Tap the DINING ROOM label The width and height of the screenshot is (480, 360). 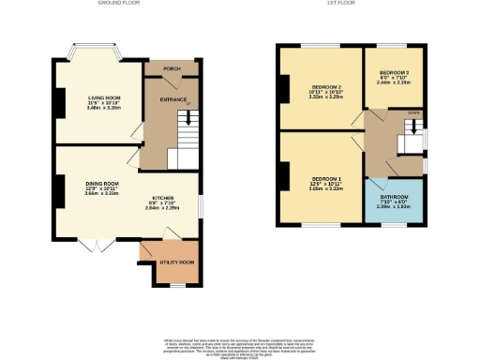point(103,183)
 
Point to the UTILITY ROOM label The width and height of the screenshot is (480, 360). point(176,261)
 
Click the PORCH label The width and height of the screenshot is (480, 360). point(171,68)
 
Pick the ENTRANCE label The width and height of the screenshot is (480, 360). point(171,98)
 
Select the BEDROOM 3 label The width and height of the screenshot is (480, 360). point(394,72)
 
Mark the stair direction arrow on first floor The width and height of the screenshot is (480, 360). point(411,123)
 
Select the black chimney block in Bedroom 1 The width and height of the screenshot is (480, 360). point(281,173)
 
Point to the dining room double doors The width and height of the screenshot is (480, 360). point(91,246)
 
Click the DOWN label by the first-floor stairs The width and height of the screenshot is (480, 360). point(412,112)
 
